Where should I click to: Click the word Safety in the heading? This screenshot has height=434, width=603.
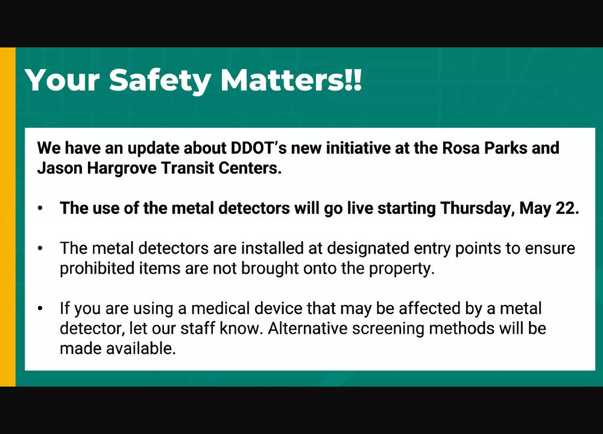coord(160,81)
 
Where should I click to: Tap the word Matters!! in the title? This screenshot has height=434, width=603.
coord(291,80)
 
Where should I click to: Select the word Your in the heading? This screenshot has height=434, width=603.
coord(62,80)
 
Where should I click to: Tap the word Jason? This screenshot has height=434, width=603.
coord(60,168)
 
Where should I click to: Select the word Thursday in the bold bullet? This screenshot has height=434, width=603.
coord(477,209)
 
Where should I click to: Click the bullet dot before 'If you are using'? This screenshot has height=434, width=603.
coord(40,309)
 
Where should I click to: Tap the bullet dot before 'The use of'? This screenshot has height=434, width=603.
coord(40,209)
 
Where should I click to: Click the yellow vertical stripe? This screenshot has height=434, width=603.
coord(8,217)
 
